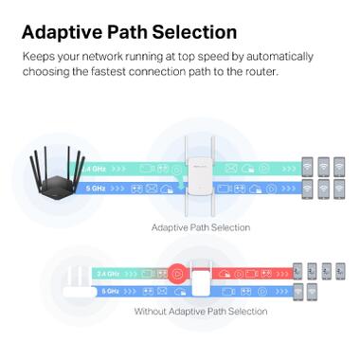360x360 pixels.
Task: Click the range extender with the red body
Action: pos(199,277)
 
